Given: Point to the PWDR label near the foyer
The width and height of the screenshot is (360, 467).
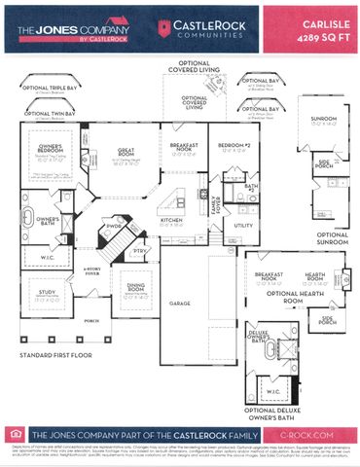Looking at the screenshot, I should coord(115,230).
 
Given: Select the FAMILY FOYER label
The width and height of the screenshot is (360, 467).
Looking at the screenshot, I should coord(217,205).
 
